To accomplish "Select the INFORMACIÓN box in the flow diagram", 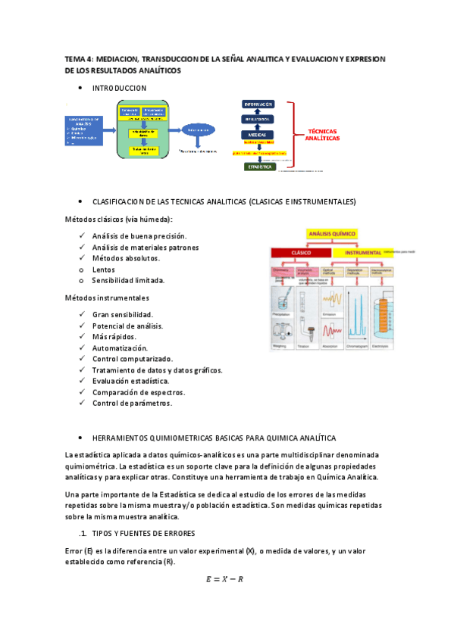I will [258, 104].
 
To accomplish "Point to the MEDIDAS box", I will [258, 135].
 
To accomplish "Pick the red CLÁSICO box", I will [302, 252].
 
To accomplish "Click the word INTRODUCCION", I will [119, 89].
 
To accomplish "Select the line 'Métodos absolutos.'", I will [126, 258].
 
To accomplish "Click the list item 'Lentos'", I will [104, 269].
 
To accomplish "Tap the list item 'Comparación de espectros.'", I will [139, 392].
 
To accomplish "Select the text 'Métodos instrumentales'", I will [106, 298].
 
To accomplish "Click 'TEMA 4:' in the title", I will [80, 58].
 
